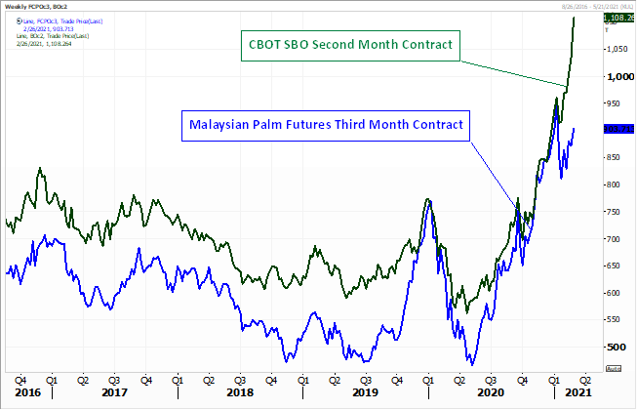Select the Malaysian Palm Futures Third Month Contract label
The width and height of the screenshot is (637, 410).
(324, 124)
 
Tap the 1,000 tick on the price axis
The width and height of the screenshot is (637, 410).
(617, 75)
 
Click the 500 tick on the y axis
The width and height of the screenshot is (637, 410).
(614, 347)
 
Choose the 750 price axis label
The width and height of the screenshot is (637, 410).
(614, 211)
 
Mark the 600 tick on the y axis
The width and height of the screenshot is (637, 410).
(614, 293)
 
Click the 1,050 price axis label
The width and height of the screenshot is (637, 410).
(617, 49)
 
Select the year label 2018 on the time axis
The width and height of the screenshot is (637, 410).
(239, 392)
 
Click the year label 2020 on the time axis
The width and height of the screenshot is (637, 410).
(491, 392)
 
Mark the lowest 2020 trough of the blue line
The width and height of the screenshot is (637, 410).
(472, 364)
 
